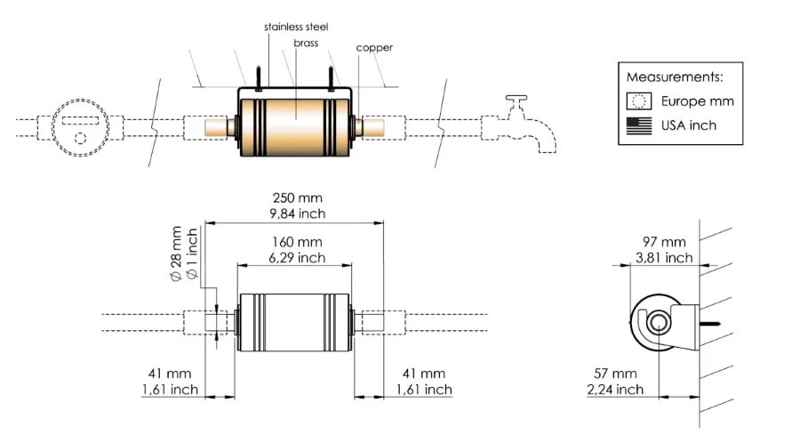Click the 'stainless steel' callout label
tap(296, 27)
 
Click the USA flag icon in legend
tap(638, 125)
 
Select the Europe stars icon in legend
tap(638, 101)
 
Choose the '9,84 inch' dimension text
tap(294, 214)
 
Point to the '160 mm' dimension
tap(293, 242)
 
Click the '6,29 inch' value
tap(293, 258)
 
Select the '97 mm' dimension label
tap(664, 242)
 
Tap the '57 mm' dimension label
tap(615, 374)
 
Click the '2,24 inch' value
tap(615, 389)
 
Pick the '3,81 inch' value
tap(664, 258)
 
